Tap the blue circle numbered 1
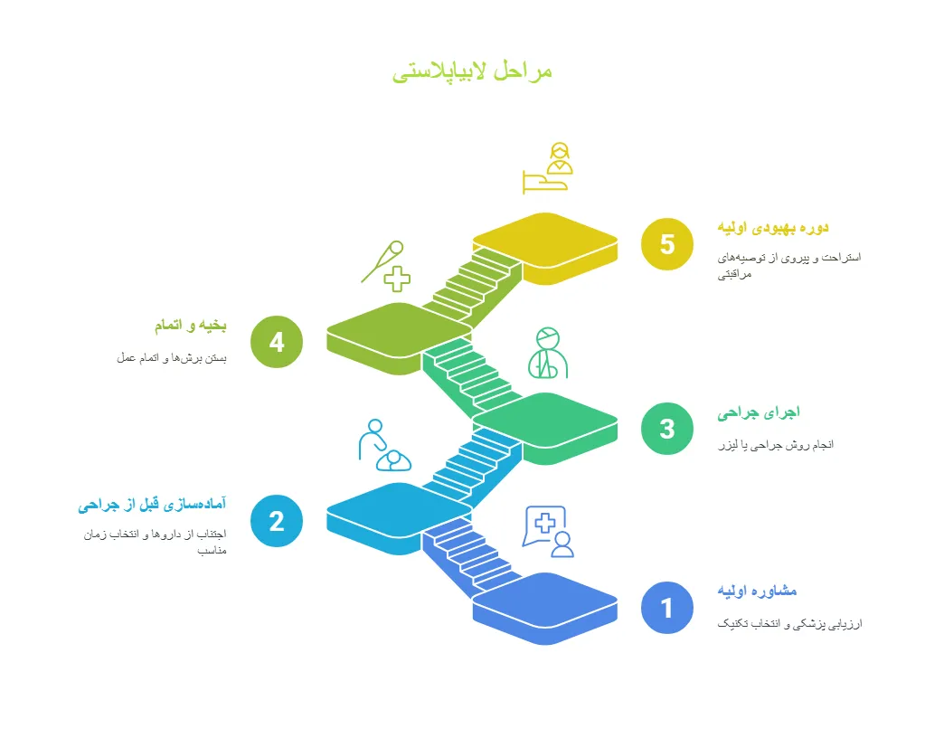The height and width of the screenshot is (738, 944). click(667, 608)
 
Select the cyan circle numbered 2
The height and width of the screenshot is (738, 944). click(277, 521)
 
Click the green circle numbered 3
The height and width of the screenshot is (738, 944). click(667, 429)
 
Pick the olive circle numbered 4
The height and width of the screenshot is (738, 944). click(277, 342)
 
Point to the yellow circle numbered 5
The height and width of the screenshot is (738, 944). click(667, 244)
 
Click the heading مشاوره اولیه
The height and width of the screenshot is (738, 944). click(757, 591)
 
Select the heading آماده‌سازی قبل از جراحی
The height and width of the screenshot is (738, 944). click(152, 505)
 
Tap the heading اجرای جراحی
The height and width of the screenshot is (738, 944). click(759, 413)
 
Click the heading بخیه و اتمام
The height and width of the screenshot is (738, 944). click(190, 326)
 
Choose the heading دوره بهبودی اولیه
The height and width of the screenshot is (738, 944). click(773, 228)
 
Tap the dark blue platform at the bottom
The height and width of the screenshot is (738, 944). click(545, 609)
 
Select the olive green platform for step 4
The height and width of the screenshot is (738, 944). click(399, 338)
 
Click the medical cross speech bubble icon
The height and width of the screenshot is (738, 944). click(548, 532)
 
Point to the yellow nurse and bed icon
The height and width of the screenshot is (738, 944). click(547, 168)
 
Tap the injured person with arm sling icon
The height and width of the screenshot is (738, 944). click(548, 353)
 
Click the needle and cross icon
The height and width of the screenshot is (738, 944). click(386, 266)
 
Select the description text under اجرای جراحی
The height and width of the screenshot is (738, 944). click(776, 446)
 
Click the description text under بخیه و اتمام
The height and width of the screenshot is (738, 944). click(172, 358)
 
